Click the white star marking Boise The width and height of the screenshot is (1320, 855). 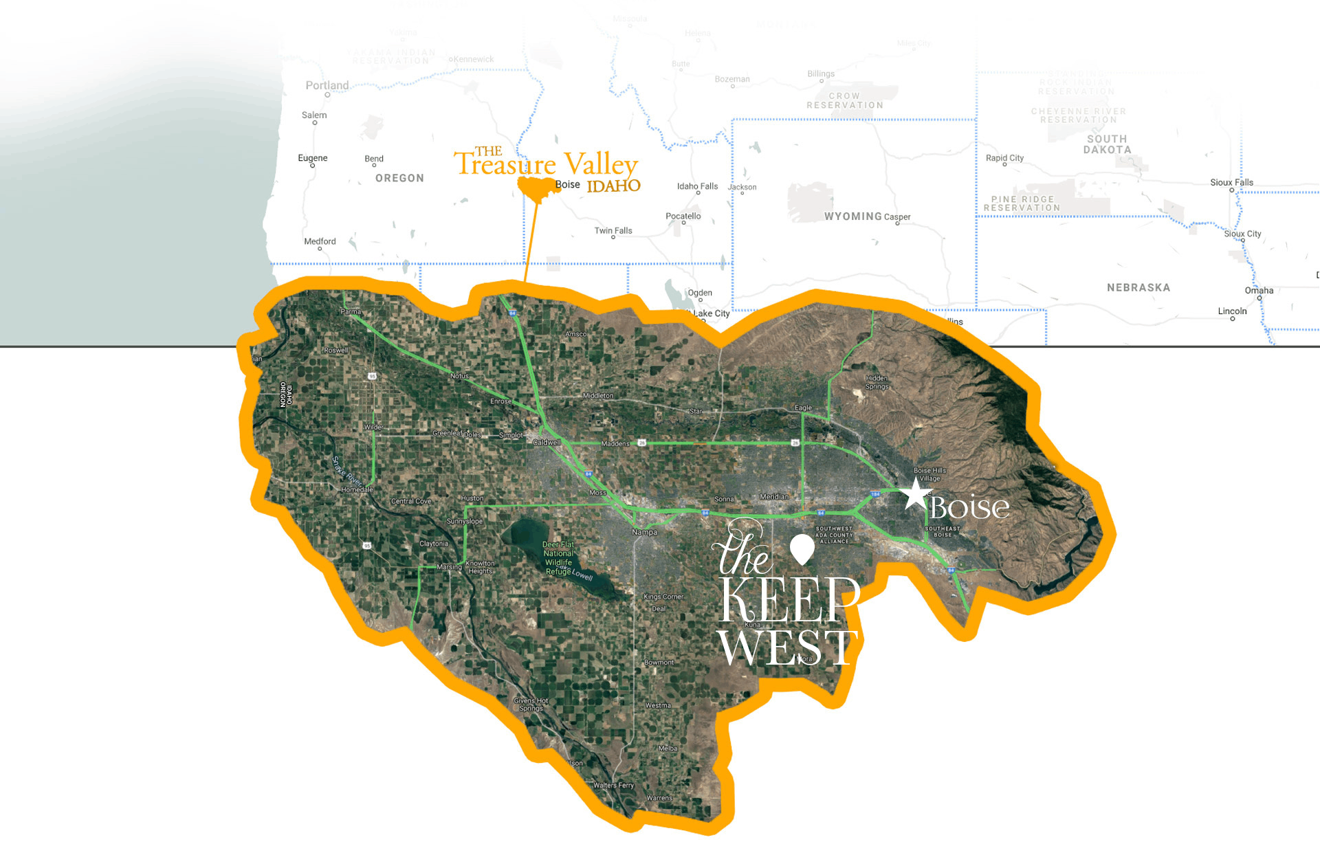(915, 494)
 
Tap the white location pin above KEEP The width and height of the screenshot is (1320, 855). (802, 548)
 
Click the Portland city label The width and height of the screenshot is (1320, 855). (327, 85)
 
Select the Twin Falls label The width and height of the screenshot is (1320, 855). (613, 230)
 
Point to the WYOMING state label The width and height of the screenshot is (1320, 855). (852, 216)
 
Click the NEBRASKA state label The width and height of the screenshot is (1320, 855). (1138, 287)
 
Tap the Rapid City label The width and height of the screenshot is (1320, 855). (1004, 157)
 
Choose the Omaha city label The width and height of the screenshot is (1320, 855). (1259, 290)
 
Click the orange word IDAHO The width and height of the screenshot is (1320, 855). (613, 186)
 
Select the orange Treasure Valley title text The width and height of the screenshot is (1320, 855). (546, 164)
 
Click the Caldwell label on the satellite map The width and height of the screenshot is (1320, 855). (547, 442)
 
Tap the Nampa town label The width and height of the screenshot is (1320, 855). (644, 532)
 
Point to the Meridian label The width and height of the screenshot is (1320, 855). (774, 496)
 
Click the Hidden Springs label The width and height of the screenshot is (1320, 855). (877, 382)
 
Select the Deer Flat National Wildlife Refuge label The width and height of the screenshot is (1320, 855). (558, 557)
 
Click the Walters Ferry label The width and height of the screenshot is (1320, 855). (613, 785)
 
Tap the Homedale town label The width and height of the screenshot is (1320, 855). (357, 489)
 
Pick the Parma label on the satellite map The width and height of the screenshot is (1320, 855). (351, 311)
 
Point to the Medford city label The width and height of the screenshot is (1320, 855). (320, 241)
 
